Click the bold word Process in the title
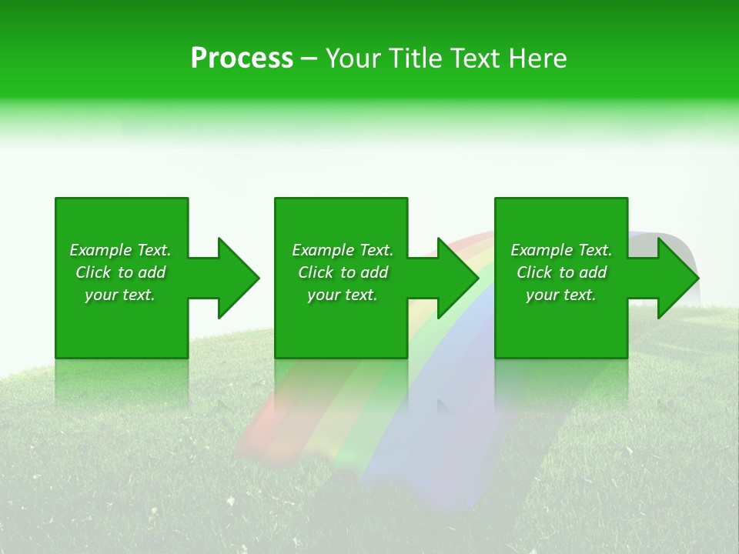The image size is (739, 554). click(x=242, y=58)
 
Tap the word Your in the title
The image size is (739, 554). click(x=351, y=58)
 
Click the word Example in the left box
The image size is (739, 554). click(x=101, y=250)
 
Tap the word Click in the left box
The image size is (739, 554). click(x=93, y=272)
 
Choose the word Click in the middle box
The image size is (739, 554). click(x=316, y=272)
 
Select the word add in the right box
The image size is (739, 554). click(x=593, y=272)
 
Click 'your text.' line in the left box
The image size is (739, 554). click(x=120, y=295)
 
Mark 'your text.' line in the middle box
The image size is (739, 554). click(x=343, y=295)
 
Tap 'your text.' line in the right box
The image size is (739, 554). click(x=561, y=295)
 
